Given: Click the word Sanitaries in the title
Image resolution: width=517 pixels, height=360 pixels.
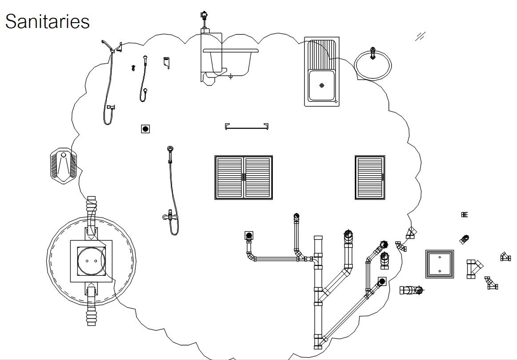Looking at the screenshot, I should pyautogui.click(x=47, y=21).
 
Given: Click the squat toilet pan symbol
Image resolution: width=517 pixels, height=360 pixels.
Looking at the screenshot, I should pyautogui.click(x=64, y=166).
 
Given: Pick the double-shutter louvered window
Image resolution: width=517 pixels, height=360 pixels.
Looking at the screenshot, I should pyautogui.click(x=243, y=177).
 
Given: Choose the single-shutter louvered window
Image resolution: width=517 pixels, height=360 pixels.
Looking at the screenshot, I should pyautogui.click(x=370, y=177).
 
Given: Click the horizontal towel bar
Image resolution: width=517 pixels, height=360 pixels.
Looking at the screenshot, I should pyautogui.click(x=247, y=127).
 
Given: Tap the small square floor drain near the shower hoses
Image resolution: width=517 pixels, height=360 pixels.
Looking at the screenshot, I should pyautogui.click(x=145, y=129).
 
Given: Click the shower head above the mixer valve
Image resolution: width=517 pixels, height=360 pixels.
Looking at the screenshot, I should pyautogui.click(x=170, y=150).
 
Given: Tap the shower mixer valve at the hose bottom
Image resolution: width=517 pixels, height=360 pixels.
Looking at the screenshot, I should pyautogui.click(x=170, y=217).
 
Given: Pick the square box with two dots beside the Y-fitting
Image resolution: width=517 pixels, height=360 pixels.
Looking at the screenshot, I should pyautogui.click(x=439, y=264).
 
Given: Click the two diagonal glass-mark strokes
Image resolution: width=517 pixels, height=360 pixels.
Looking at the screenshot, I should pyautogui.click(x=420, y=36).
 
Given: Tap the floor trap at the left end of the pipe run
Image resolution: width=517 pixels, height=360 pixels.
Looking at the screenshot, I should pyautogui.click(x=249, y=235).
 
